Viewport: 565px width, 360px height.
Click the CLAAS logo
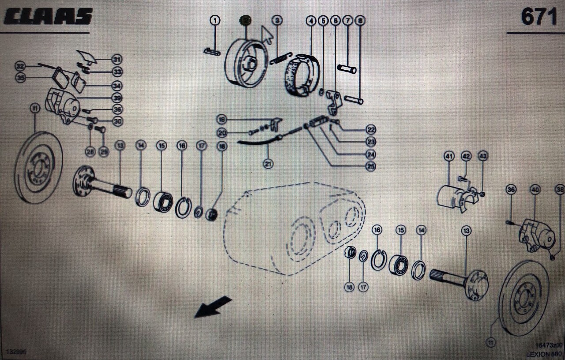point(48,17)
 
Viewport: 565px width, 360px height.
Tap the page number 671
point(539,18)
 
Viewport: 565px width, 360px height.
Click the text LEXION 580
point(544,354)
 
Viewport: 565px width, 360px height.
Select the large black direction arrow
point(213,307)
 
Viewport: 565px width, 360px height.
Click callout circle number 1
point(215,20)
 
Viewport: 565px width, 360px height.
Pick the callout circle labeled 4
point(311,20)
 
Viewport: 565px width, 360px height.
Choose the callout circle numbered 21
point(267,164)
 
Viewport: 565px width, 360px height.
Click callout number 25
point(371,166)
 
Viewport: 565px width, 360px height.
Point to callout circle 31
point(117,59)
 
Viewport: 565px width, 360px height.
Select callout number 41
point(449,156)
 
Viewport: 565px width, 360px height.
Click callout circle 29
point(103,152)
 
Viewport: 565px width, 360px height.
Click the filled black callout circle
point(245,20)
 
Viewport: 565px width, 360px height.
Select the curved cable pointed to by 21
point(256,142)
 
